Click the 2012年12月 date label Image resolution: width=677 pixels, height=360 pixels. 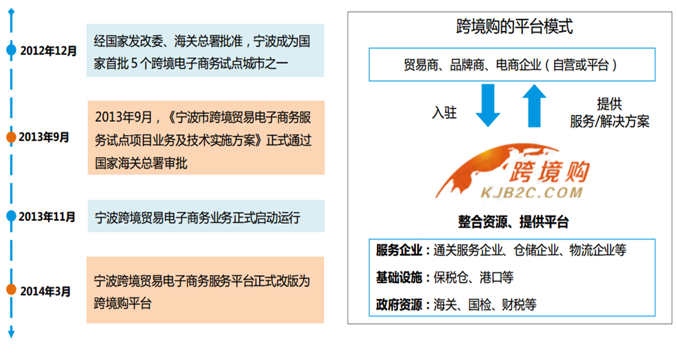pos(48,51)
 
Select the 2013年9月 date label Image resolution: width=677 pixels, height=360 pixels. pos(44,137)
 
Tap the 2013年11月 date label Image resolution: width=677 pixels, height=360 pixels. pos(46,216)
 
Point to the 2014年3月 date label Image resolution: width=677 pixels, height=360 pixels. pos(45,291)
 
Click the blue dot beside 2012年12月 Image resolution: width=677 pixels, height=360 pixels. pos(11,49)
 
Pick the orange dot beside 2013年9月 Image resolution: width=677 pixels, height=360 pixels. pos(11,137)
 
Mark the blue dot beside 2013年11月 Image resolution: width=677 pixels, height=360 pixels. pos(11,215)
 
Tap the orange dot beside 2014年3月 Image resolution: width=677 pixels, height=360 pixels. pos(11,289)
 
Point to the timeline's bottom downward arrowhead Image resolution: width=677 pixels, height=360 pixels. pos(11,334)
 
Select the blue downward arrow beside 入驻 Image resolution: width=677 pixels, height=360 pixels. pos(488,105)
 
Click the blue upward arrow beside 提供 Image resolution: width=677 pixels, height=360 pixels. pos(535,105)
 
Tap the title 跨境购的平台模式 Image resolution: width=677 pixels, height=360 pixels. pos(514,26)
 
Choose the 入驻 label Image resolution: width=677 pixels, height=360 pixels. pos(444,113)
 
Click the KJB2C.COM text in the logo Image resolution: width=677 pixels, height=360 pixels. pos(532,192)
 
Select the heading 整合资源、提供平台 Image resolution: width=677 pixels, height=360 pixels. pos(513,222)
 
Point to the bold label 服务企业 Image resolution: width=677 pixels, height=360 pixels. pos(399,250)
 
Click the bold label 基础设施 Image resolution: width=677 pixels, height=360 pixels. pos(399,277)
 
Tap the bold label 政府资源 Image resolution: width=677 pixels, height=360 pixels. pos(399,305)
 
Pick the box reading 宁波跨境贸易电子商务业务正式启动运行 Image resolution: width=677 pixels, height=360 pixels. pos(206,216)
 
